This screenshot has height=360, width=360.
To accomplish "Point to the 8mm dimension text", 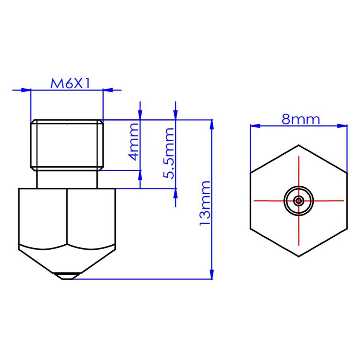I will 301,120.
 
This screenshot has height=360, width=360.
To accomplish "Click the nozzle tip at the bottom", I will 67,276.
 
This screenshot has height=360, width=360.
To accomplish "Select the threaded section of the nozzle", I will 67,144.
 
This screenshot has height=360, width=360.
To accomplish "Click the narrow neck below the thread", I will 67,179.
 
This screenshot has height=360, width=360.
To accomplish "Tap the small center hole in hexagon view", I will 298,201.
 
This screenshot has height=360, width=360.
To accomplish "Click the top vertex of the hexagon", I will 298,145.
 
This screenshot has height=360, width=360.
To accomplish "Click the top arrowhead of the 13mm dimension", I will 211,124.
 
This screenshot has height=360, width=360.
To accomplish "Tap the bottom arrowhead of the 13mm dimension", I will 211,275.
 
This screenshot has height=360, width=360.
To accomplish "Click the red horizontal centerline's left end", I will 255,201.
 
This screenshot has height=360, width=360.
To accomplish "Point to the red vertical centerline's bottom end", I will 298,245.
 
